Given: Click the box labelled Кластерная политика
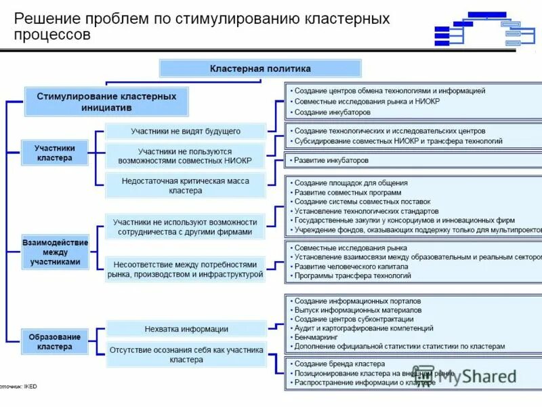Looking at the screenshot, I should [260, 69].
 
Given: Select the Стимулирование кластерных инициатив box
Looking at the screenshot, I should [106, 102].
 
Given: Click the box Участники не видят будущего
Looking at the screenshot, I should [185, 131].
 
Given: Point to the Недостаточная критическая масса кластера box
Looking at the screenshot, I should [185, 186].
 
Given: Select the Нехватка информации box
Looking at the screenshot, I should [186, 329].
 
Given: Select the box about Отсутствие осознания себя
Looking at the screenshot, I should [186, 355].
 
